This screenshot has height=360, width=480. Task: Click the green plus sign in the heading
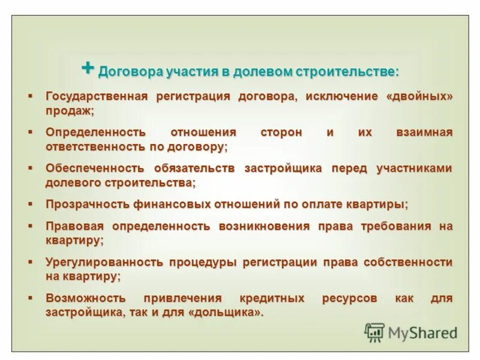pyautogui.click(x=88, y=68)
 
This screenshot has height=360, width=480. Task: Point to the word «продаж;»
pyautogui.click(x=70, y=111)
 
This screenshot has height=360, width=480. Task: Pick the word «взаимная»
pyautogui.click(x=423, y=132)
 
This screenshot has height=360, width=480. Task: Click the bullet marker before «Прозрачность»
pyautogui.click(x=29, y=204)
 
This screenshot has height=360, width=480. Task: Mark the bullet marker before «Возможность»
pyautogui.click(x=29, y=298)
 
